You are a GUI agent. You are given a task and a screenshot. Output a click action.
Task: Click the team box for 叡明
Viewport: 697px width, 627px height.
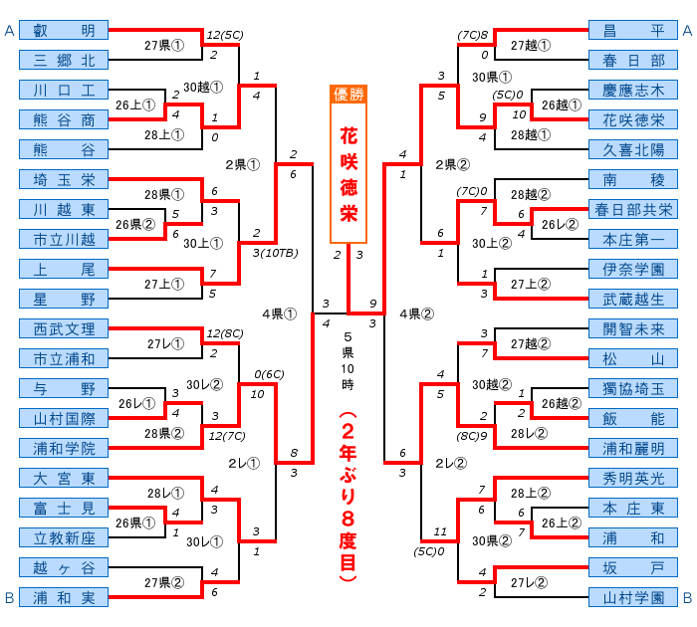tap(63, 31)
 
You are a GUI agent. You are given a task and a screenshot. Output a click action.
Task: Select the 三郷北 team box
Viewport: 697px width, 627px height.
tap(63, 60)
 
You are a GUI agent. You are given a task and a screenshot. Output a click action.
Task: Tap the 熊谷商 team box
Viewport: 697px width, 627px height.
tap(63, 119)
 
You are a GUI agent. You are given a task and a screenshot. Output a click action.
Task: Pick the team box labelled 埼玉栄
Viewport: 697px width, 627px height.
tap(63, 180)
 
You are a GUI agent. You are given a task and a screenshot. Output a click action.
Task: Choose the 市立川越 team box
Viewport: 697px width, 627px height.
tap(63, 239)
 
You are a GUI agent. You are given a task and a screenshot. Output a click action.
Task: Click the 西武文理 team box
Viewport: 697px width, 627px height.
tap(63, 328)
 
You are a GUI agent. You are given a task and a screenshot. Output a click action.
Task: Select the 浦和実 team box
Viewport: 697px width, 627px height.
tap(63, 598)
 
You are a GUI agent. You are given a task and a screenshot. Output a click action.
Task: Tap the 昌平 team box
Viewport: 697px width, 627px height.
tap(633, 31)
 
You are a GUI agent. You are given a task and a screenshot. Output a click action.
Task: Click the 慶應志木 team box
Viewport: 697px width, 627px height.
tap(633, 90)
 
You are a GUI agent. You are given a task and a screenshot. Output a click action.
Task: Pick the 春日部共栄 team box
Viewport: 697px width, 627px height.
tap(633, 209)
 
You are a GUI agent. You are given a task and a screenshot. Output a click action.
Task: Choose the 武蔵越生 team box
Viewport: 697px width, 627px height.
tap(633, 299)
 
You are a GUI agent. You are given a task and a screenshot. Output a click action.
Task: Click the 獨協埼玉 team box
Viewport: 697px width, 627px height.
tap(633, 388)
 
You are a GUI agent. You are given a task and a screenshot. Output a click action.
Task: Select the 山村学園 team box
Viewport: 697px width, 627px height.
tap(633, 598)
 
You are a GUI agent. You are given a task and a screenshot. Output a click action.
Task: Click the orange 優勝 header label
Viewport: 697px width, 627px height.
tap(348, 96)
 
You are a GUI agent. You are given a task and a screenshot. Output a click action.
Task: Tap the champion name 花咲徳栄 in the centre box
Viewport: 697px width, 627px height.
tap(348, 174)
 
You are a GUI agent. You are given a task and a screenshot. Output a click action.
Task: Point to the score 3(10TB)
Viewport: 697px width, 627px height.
tap(271, 252)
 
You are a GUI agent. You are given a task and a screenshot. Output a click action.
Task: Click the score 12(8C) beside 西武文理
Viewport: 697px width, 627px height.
tap(225, 333)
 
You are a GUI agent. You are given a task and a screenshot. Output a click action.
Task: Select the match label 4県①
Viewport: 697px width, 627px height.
tap(280, 313)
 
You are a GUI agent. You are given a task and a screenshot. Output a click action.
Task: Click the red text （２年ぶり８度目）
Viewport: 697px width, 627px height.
tap(348, 498)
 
